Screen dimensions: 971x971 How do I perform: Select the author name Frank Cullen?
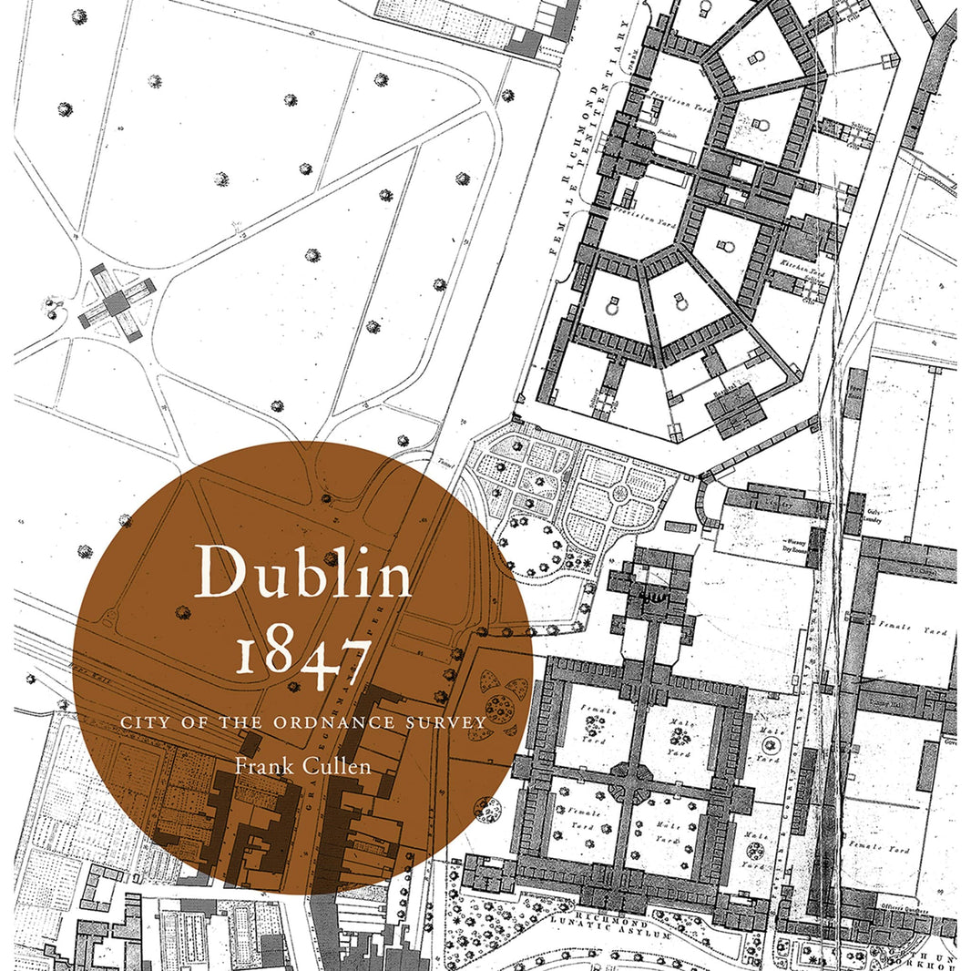(302, 765)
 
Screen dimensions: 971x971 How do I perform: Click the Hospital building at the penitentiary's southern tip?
(736, 406)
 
